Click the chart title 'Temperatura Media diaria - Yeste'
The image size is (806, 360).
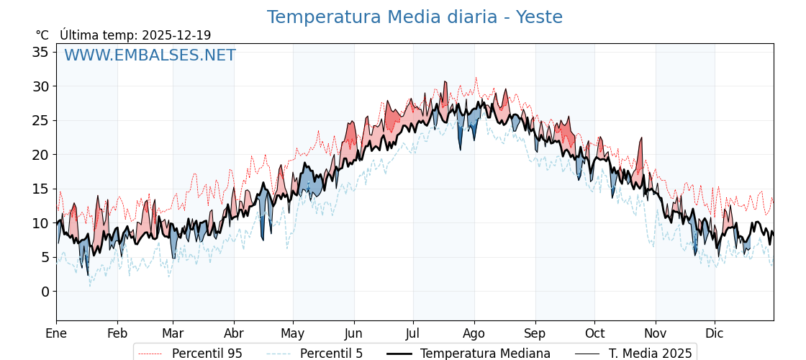click(415, 17)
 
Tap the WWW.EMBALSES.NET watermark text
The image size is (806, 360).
click(150, 55)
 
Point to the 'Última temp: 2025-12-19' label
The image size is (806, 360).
click(135, 35)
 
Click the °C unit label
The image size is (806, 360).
click(42, 35)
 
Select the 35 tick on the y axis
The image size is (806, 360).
click(40, 52)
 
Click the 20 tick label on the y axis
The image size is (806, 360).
click(40, 155)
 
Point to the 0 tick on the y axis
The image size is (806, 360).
click(45, 292)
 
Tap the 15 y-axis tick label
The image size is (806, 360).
click(40, 189)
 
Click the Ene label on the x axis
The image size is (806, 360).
click(56, 333)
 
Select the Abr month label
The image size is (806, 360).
click(234, 333)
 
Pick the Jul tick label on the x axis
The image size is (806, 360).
click(413, 333)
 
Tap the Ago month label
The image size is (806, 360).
click(474, 333)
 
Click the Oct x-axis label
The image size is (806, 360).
click(594, 333)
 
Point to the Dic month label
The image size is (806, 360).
click(715, 333)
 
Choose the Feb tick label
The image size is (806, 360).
click(117, 333)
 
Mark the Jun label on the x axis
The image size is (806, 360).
click(354, 333)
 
